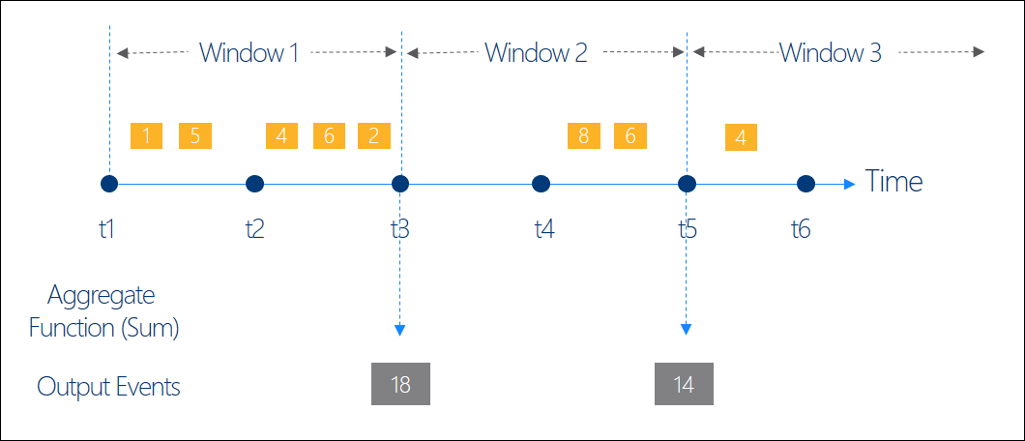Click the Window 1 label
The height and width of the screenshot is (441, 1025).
249,52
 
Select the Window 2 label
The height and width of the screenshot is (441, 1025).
536,52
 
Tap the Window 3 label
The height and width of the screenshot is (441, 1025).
830,52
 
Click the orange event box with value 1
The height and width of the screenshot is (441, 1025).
146,135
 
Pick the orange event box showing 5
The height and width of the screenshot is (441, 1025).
194,135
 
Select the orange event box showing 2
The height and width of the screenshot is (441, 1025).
373,135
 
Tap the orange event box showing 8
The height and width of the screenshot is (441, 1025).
584,135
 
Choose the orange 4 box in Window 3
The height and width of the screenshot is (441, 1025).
741,137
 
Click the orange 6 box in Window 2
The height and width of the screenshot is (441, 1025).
630,135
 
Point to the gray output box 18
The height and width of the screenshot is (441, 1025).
400,384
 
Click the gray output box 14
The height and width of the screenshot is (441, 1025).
684,384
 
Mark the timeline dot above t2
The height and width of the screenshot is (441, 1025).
254,184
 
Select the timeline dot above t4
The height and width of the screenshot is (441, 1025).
542,184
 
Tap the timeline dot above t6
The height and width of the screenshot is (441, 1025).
805,184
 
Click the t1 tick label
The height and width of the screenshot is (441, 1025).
107,229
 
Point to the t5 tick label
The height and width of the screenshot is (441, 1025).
688,229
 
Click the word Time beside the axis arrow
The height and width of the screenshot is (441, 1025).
893,182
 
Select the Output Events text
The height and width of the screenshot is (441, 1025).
108,388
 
